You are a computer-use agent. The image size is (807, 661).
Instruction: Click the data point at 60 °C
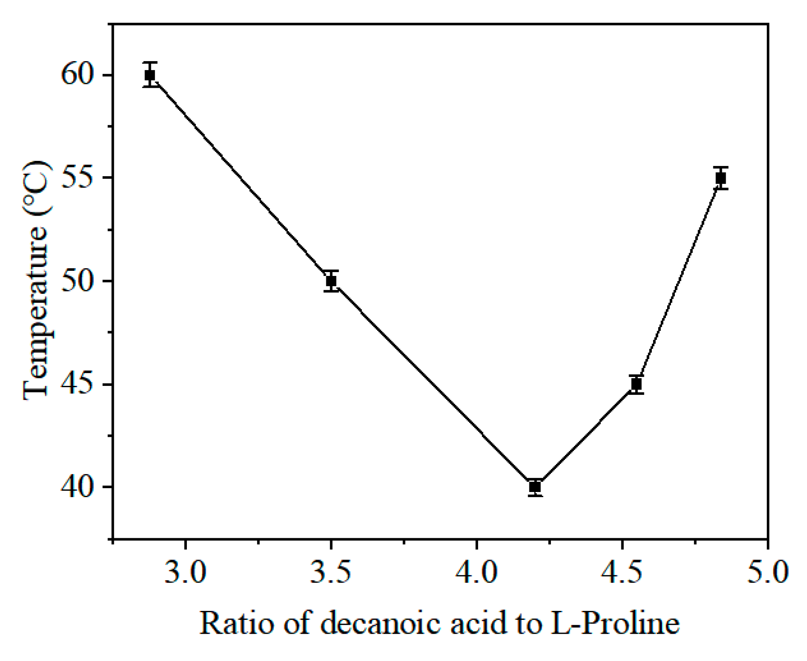coord(150,75)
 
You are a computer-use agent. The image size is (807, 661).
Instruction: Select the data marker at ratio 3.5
coord(331,281)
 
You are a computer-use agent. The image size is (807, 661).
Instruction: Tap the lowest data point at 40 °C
coord(535,487)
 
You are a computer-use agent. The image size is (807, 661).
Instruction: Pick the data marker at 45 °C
coord(636,384)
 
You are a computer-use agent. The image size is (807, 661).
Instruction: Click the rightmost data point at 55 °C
coord(721,178)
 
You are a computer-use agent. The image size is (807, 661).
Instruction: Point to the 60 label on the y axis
coord(77,74)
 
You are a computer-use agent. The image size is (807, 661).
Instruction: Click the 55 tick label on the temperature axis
coord(77,178)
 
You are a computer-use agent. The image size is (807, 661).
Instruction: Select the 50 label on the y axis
coord(77,281)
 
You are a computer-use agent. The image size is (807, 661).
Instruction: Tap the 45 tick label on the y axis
coord(77,384)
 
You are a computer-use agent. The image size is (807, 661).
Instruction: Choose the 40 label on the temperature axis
coord(77,487)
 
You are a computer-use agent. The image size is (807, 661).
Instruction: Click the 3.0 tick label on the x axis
coord(185,572)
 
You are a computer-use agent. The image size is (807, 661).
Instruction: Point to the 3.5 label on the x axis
coord(331,572)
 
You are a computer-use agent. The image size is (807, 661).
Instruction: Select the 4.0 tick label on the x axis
coord(476,572)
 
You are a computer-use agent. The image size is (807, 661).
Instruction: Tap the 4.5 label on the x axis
coord(622,572)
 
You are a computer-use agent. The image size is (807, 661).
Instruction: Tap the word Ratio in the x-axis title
coord(236,623)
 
